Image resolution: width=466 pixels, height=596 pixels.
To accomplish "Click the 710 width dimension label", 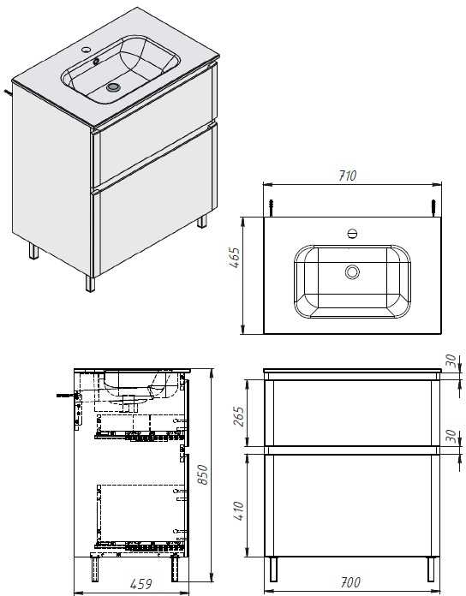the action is [x=347, y=176].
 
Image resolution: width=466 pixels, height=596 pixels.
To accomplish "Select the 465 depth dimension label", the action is [x=236, y=258].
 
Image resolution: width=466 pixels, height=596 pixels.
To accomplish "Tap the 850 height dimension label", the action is [x=203, y=474].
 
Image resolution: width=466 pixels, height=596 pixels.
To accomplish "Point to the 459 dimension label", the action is [x=141, y=584].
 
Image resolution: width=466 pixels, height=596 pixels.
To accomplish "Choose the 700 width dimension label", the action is [x=350, y=582].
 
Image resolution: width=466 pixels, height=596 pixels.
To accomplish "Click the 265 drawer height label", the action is [x=239, y=416].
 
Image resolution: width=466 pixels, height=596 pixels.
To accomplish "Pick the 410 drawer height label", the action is [x=239, y=510].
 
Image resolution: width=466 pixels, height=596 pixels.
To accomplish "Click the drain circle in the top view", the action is [x=352, y=271].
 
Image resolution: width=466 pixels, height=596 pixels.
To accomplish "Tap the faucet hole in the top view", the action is [x=352, y=234].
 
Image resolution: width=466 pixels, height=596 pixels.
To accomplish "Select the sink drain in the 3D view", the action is [x=113, y=87].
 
